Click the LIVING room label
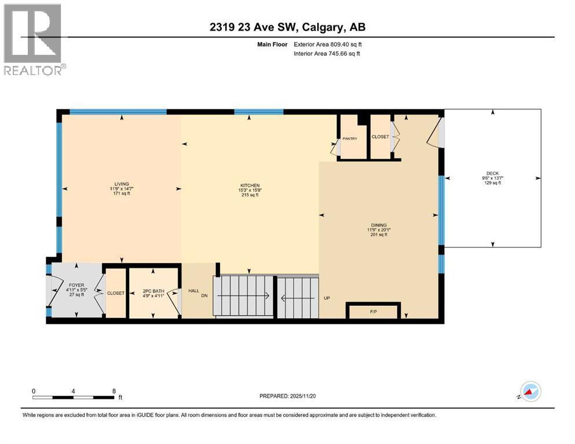tap(122, 184)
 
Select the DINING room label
tap(379, 225)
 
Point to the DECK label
tap(492, 173)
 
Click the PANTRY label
tap(350, 139)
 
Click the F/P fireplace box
tap(373, 312)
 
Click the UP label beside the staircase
tap(327, 299)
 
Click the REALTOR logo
tap(33, 39)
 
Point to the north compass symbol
tap(530, 393)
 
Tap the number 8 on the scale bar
tap(113, 391)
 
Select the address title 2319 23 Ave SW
tap(287, 27)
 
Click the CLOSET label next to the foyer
tap(115, 293)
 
